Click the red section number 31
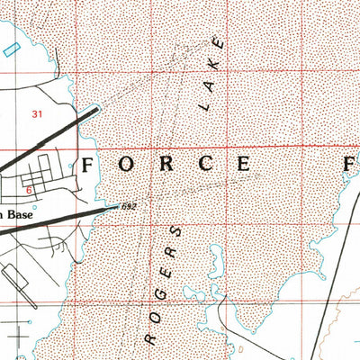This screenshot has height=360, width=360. click(37, 114)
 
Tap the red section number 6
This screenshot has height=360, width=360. click(29, 190)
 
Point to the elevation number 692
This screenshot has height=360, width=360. click(129, 206)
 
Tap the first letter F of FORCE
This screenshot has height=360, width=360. click(89, 165)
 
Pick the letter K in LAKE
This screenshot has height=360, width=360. click(209, 72)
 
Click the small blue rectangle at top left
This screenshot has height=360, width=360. click(10, 50)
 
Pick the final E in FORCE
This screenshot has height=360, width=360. click(244, 165)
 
